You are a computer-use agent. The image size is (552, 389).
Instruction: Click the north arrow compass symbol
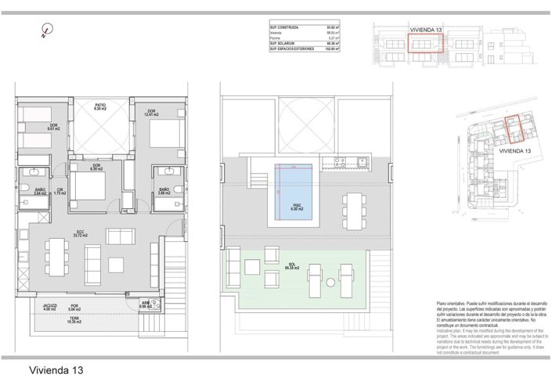click(x=46, y=32)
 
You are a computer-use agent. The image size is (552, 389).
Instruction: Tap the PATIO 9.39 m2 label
click(x=100, y=106)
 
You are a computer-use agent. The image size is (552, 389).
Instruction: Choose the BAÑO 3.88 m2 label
click(x=164, y=191)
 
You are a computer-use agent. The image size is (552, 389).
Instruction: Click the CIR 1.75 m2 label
click(x=59, y=191)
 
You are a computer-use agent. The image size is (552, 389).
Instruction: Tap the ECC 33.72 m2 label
click(x=79, y=232)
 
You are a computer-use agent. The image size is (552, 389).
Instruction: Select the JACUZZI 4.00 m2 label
click(x=50, y=308)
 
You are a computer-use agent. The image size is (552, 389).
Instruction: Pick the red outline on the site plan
click(x=514, y=129)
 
